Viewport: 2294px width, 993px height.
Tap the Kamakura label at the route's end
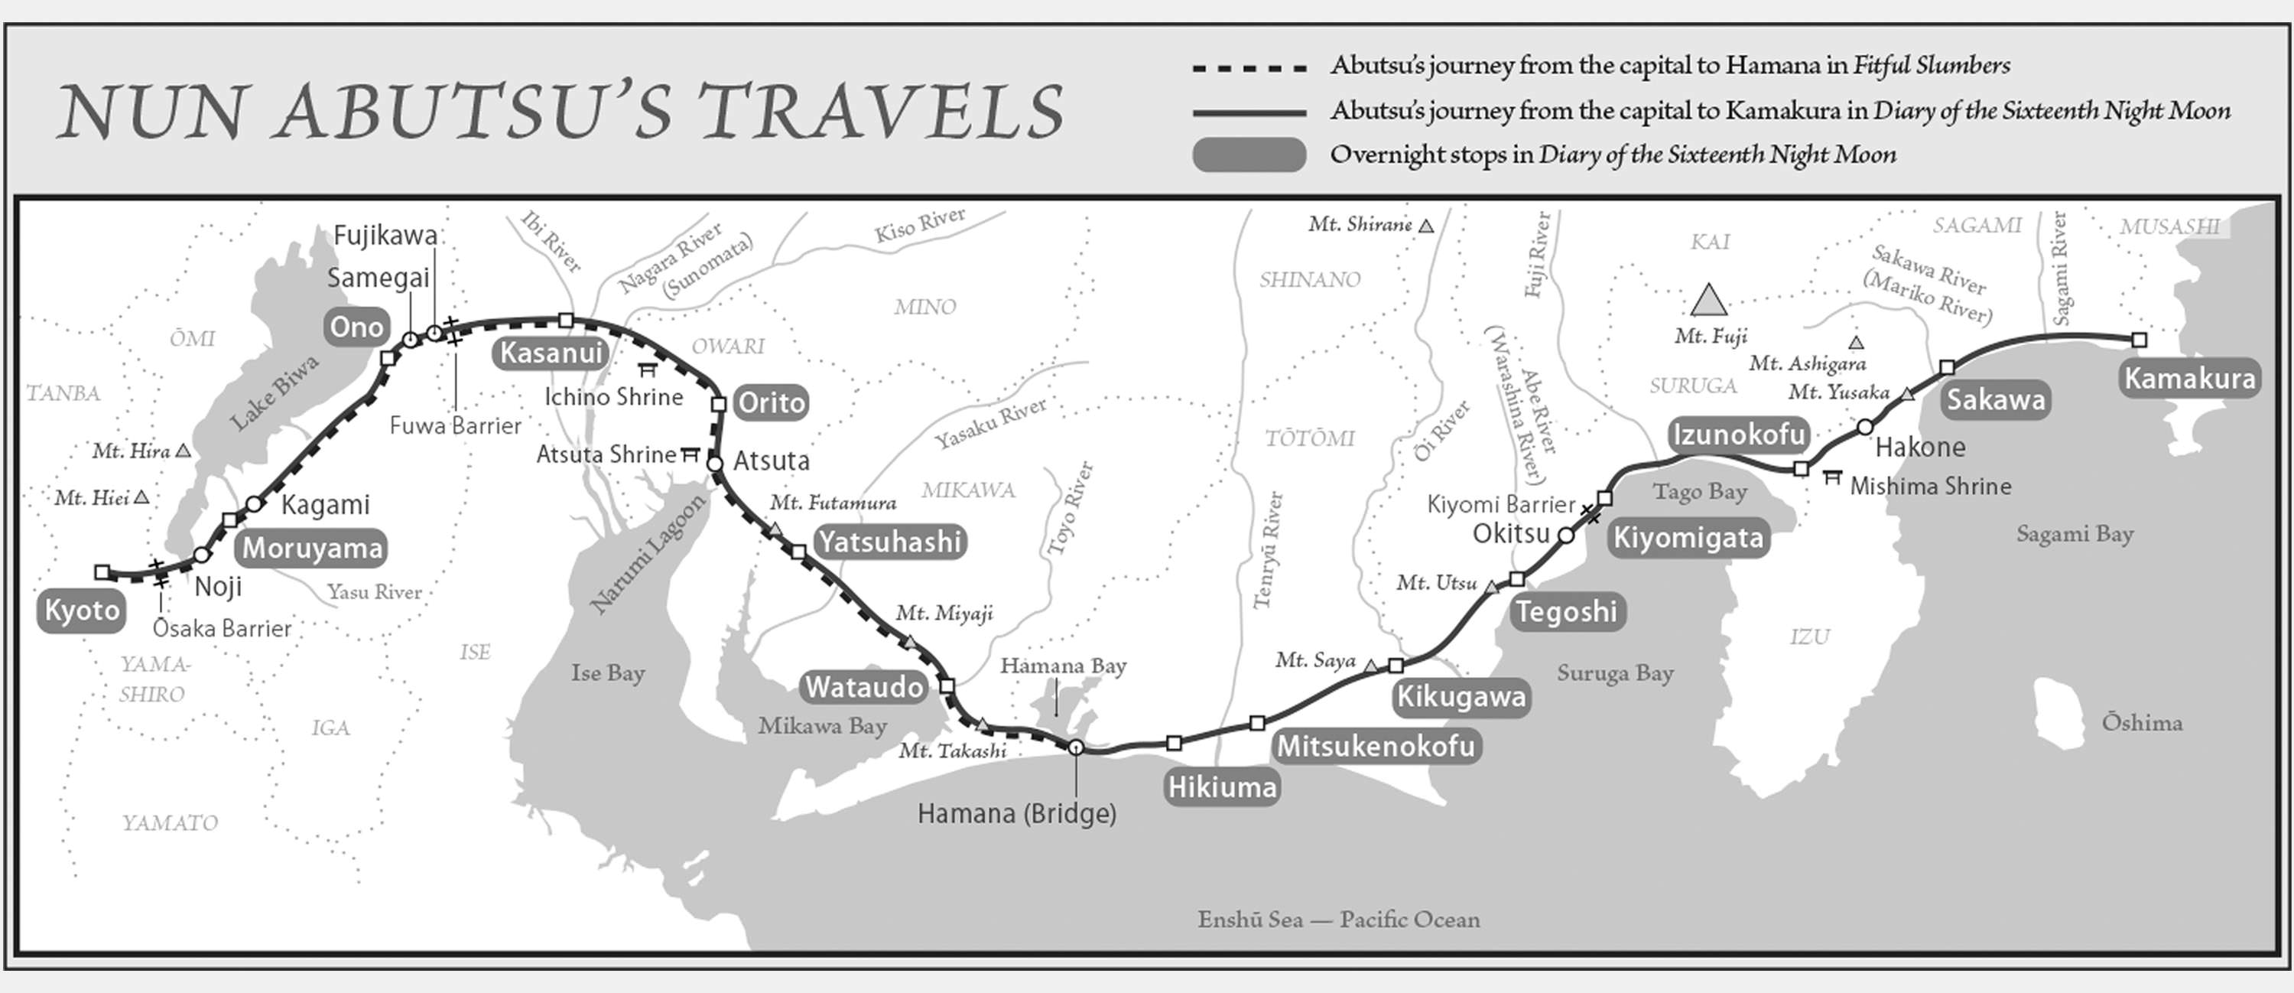(2190, 379)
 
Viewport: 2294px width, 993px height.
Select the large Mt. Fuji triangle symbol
(1708, 301)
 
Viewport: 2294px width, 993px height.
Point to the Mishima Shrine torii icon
(1832, 478)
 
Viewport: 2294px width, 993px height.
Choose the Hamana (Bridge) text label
(1016, 814)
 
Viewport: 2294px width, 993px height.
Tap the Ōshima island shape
(2061, 712)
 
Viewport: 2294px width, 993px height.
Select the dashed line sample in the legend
(1249, 67)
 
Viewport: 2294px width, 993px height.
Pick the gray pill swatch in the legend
(1249, 154)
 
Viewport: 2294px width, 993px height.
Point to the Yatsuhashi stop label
(889, 542)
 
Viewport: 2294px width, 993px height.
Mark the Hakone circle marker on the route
(1865, 428)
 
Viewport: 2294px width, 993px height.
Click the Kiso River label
(919, 226)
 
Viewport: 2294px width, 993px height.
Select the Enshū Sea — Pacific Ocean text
(1338, 919)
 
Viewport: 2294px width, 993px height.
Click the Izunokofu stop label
(1738, 435)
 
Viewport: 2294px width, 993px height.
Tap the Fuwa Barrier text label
(455, 425)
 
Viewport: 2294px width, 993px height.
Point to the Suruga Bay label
(1614, 673)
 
